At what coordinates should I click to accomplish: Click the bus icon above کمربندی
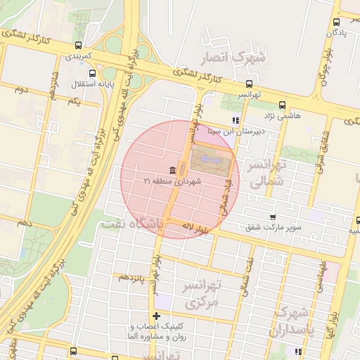[77, 45]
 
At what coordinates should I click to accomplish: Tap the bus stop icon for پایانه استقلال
[92, 73]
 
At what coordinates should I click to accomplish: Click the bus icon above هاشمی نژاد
[282, 104]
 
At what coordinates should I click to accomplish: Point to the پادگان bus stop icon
[336, 22]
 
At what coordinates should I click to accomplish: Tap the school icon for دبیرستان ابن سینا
[235, 120]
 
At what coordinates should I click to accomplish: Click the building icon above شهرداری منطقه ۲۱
[172, 170]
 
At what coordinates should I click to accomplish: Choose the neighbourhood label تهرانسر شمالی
[264, 173]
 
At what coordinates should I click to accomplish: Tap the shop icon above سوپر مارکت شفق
[273, 217]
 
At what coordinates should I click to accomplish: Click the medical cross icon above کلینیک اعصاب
[156, 316]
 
